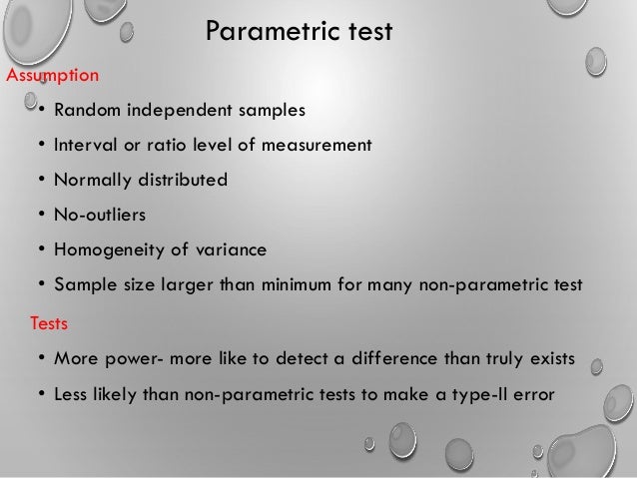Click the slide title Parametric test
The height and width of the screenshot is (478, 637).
pyautogui.click(x=300, y=33)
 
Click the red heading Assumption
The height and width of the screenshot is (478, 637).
pyautogui.click(x=52, y=75)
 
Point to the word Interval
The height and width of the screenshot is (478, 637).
pyautogui.click(x=86, y=145)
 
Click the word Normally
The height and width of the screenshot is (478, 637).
pyautogui.click(x=93, y=181)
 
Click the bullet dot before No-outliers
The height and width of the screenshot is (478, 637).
pyautogui.click(x=41, y=216)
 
